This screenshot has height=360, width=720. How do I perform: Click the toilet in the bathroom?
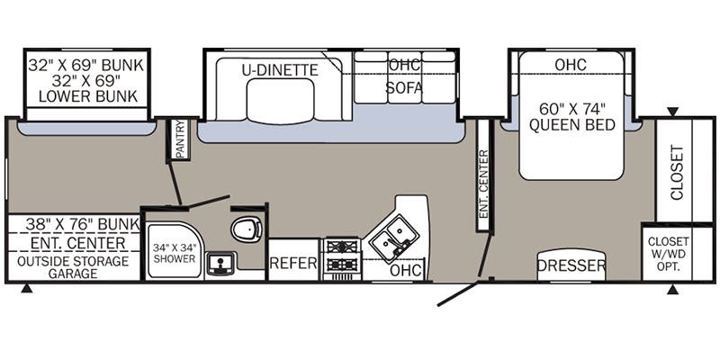247,229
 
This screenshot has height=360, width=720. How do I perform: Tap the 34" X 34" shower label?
174,254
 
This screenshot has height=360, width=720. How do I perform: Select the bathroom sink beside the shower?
220,264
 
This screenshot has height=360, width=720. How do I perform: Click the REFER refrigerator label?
293,263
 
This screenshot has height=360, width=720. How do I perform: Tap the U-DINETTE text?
280,70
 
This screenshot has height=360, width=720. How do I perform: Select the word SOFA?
403,87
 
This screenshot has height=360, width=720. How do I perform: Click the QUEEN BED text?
571,125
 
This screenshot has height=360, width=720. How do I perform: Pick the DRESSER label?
571,265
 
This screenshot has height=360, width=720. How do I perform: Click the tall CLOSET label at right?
678,173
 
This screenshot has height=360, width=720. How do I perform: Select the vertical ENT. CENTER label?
483,184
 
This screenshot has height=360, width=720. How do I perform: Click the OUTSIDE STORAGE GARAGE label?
73,267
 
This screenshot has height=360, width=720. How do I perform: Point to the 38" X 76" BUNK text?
83,224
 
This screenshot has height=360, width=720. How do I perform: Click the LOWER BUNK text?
87,96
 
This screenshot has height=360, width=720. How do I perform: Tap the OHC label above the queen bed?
571,65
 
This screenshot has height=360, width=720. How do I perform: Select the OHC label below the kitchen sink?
406,271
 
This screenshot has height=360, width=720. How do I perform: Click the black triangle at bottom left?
27,289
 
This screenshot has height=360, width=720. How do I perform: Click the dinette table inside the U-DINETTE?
280,101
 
